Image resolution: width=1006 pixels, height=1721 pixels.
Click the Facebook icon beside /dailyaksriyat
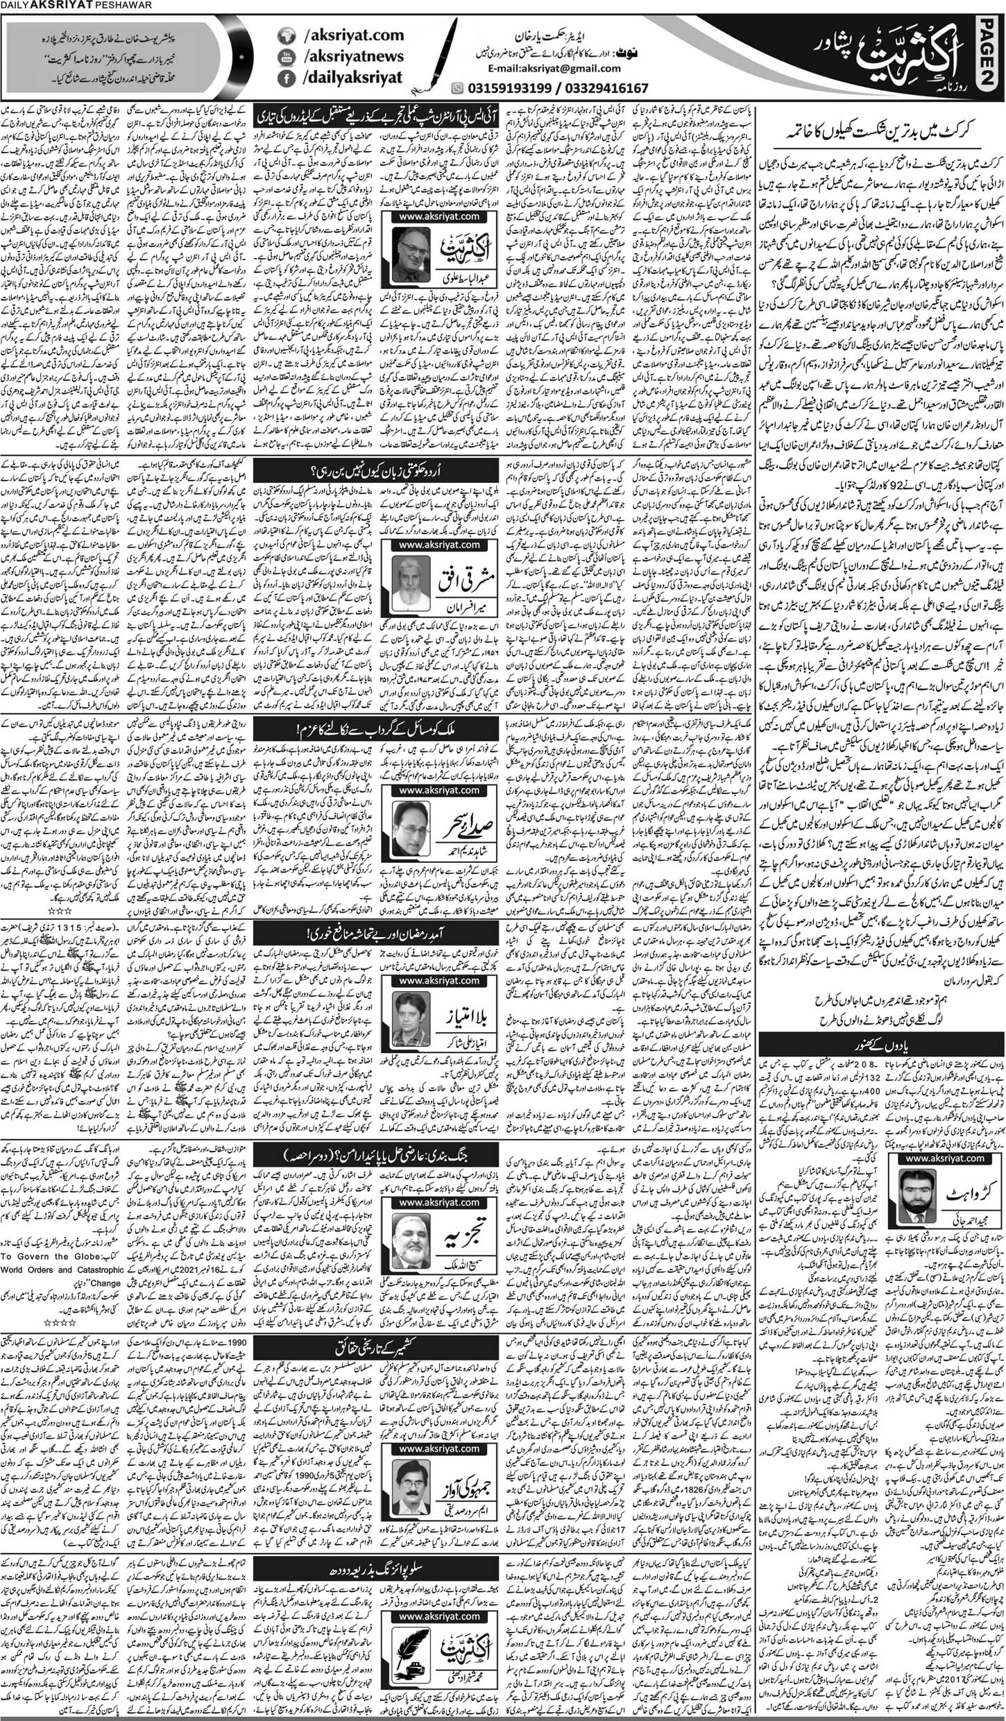click(x=284, y=80)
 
